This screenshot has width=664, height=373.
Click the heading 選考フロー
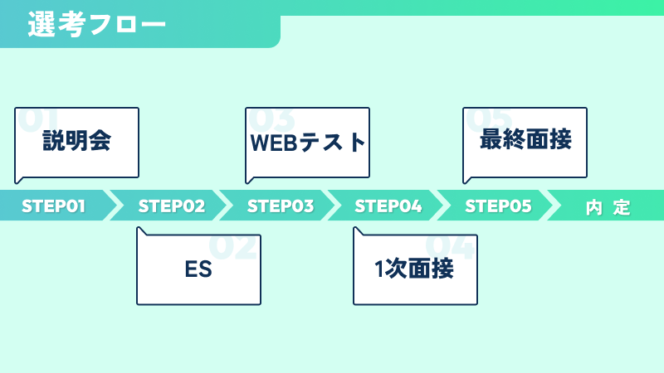[x=96, y=25]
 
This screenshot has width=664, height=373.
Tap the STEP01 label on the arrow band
[x=53, y=206]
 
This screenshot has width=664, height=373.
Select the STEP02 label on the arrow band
[x=172, y=206]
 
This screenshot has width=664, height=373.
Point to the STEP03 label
[x=281, y=206]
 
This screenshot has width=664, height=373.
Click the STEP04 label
[x=388, y=206]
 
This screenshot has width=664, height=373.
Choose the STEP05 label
[x=498, y=206]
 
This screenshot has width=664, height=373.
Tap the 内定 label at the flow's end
[x=608, y=208]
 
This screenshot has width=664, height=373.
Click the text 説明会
[x=76, y=141]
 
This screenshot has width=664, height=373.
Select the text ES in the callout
[x=198, y=269]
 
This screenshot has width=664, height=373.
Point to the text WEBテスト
[x=307, y=143]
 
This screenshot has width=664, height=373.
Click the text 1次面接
[x=414, y=269]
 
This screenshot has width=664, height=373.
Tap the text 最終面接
[x=525, y=139]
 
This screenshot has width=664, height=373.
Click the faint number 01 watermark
[x=38, y=120]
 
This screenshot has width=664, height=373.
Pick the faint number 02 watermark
[x=233, y=247]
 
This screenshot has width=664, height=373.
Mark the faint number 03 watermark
[x=271, y=120]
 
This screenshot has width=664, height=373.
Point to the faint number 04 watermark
[x=450, y=247]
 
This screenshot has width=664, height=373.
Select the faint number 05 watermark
[x=489, y=120]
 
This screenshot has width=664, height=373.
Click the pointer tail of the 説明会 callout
[x=17, y=181]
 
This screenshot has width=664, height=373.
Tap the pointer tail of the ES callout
[x=140, y=230]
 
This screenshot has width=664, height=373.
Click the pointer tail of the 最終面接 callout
[x=466, y=181]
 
